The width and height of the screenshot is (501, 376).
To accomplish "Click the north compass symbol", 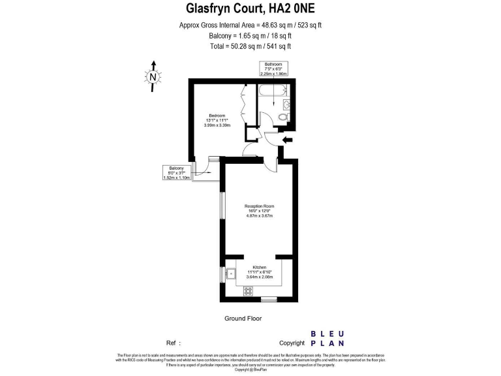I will [153, 76].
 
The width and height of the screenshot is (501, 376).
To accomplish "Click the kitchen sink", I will [231, 274].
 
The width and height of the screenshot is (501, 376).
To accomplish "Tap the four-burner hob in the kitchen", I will [248, 291].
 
